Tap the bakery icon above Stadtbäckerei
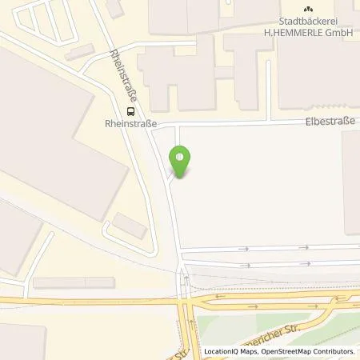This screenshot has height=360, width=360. [x=307, y=8]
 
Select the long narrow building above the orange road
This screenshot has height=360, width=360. [x=74, y=282]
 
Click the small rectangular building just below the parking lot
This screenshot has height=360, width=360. [x=80, y=53]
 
